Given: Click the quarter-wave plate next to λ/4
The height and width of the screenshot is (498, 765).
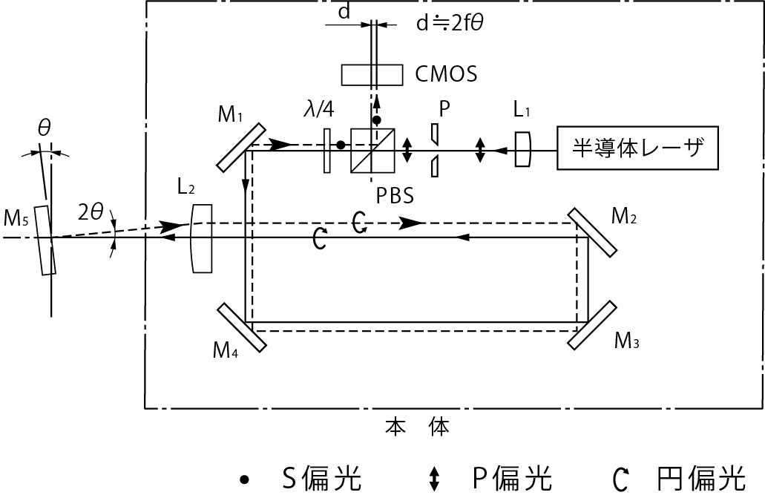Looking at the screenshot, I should click(x=327, y=151).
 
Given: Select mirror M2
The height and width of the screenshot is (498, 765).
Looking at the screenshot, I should click(x=593, y=232).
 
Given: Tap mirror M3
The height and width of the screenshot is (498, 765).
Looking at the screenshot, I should click(x=592, y=324).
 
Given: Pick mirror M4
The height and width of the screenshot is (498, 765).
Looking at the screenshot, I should click(x=241, y=327).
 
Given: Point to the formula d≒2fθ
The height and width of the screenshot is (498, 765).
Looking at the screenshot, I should click(x=451, y=24).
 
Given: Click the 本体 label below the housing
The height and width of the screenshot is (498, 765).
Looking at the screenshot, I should click(x=417, y=427).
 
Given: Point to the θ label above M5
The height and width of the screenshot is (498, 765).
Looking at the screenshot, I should click(x=45, y=127).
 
